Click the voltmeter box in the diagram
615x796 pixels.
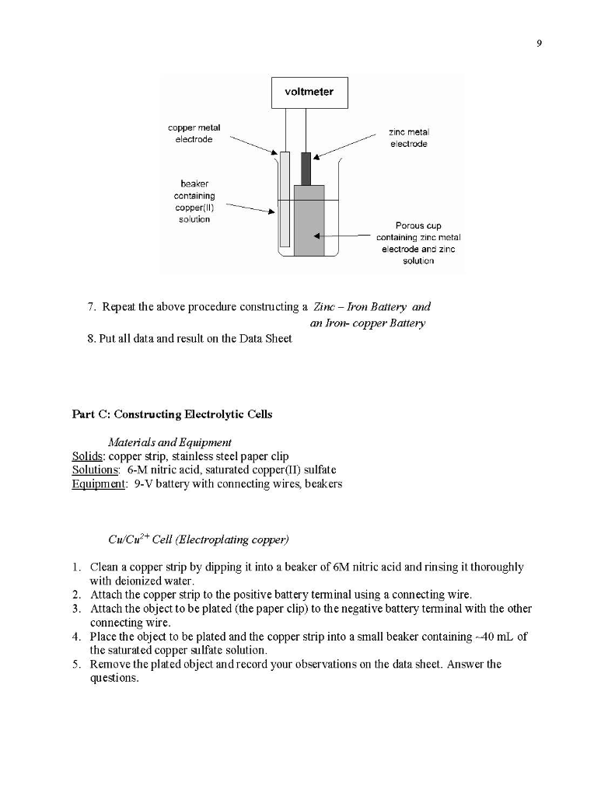(x=309, y=93)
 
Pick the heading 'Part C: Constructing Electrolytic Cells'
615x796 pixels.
(x=172, y=414)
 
